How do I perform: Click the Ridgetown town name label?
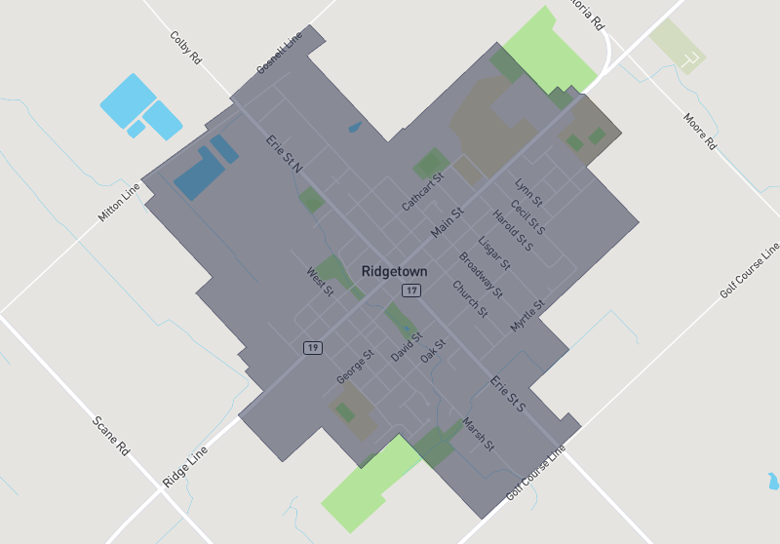click(394, 270)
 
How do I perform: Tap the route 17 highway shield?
click(413, 291)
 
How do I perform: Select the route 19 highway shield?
click(312, 347)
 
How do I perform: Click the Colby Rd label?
click(185, 47)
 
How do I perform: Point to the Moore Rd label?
click(699, 130)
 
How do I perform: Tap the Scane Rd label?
click(110, 436)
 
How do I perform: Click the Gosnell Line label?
click(280, 54)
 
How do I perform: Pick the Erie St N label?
click(285, 155)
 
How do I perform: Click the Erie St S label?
click(508, 392)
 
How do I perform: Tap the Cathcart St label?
click(423, 192)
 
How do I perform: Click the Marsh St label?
click(479, 434)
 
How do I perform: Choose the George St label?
click(355, 366)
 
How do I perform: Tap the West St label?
click(321, 281)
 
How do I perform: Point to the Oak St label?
click(433, 351)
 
